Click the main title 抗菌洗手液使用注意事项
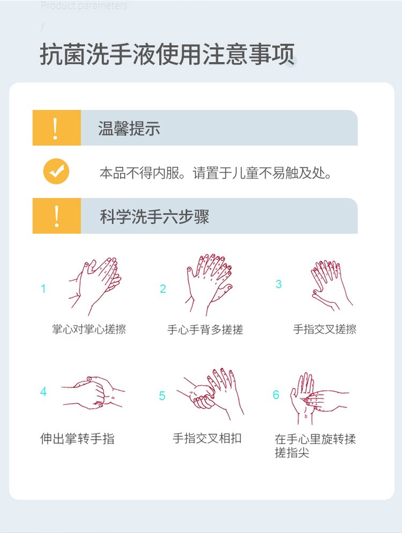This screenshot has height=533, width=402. tap(167, 56)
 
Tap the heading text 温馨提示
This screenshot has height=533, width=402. tap(129, 128)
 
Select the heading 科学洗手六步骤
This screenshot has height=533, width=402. tap(154, 216)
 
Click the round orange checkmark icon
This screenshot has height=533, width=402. tap(56, 172)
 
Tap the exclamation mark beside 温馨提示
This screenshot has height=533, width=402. tap(56, 128)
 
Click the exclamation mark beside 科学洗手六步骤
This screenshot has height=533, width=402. tap(56, 216)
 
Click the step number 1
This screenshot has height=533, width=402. tap(43, 289)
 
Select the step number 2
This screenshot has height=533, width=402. tap(163, 289)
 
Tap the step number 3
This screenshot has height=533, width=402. tap(279, 284)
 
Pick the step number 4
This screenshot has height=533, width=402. tap(43, 392)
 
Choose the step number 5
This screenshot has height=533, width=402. tap(162, 396)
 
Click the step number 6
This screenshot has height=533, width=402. tap(276, 395)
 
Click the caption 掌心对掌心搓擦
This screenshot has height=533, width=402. tap(89, 329)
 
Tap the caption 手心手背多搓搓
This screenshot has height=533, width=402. tap(205, 330)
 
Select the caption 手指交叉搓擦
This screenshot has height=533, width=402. tap(324, 329)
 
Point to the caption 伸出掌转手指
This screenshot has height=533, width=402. tap(77, 439)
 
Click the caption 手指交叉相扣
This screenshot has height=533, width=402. tap(207, 438)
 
